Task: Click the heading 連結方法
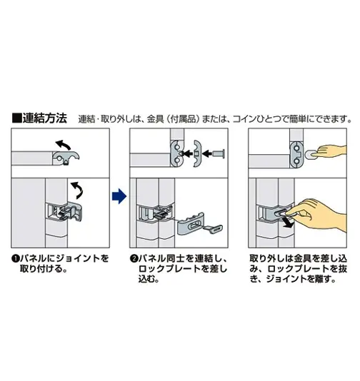(44, 118)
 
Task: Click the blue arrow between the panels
(119, 196)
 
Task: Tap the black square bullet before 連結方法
(16, 118)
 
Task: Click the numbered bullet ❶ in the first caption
(15, 258)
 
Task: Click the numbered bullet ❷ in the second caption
(134, 258)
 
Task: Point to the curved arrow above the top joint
(63, 145)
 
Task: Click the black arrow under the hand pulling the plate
(287, 223)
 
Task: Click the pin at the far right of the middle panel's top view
(219, 153)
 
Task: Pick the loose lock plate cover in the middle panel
(191, 223)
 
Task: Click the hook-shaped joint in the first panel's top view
(66, 158)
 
